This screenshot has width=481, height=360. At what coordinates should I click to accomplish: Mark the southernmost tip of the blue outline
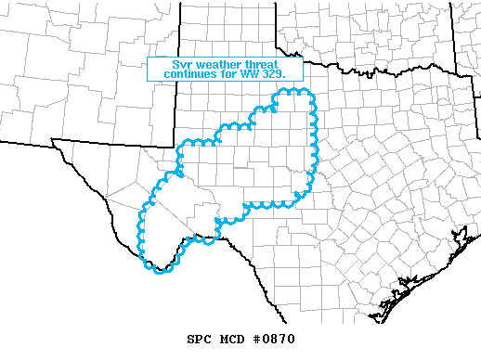coord(163,273)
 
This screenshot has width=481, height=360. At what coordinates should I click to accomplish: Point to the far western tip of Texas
coord(54,140)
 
